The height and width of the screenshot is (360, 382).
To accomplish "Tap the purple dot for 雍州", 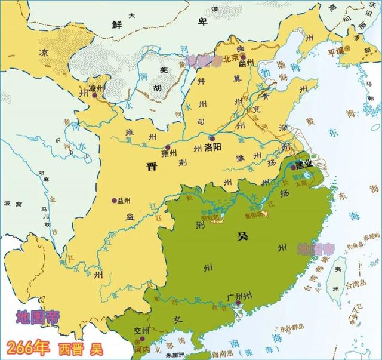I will [x=168, y=147].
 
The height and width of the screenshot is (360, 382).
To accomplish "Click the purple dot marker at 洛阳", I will [x=200, y=145].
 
